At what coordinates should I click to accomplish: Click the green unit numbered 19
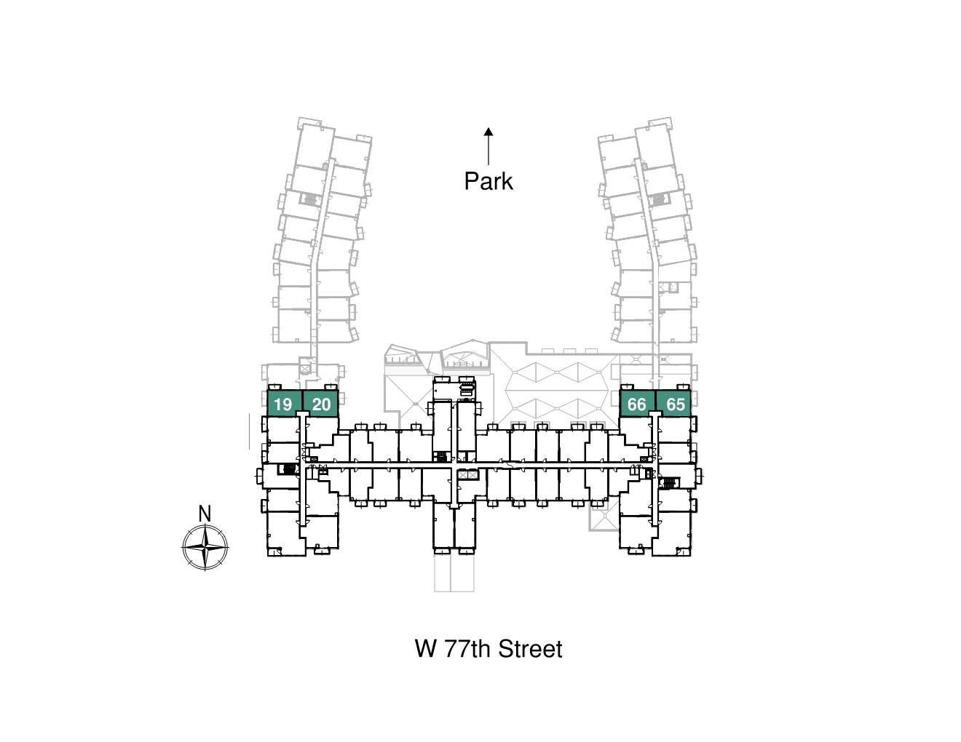click(284, 404)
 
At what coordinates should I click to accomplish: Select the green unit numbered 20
click(321, 404)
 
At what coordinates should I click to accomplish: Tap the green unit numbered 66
click(637, 404)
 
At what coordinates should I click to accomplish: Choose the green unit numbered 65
click(675, 404)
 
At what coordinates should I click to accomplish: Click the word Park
click(489, 181)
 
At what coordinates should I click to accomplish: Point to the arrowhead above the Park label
click(489, 132)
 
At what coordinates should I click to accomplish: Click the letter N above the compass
click(205, 514)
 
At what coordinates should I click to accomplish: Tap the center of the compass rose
click(205, 546)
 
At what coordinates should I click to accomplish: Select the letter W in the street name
click(425, 649)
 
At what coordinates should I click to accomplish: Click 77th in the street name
click(467, 649)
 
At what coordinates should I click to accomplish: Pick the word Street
click(530, 649)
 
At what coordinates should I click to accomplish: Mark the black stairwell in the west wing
click(289, 468)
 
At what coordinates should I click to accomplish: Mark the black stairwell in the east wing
click(668, 482)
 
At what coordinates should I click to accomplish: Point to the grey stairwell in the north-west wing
click(310, 199)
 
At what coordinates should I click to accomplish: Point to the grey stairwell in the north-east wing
click(659, 199)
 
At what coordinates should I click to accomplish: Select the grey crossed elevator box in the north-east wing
click(672, 288)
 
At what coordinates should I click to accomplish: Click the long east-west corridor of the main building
click(480, 464)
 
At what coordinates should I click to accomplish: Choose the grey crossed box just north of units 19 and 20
click(304, 370)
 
